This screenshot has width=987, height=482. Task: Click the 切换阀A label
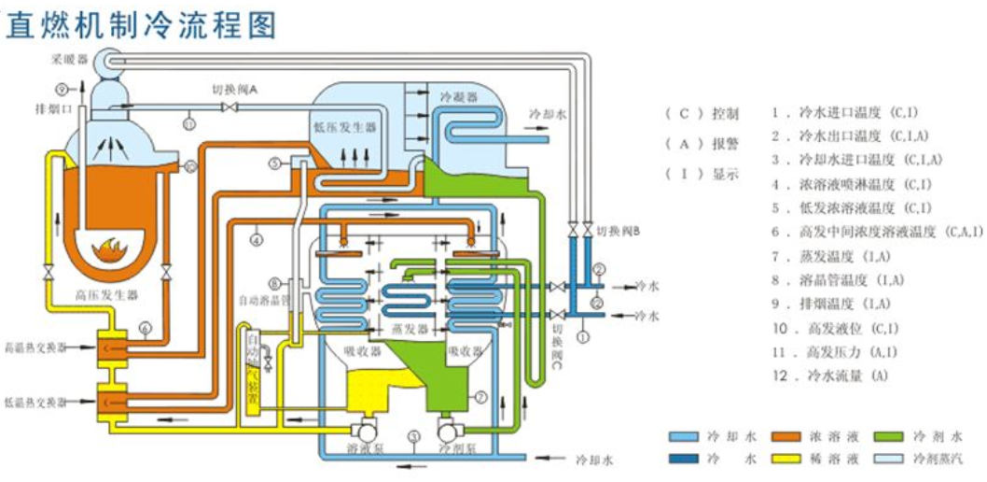pyautogui.click(x=234, y=89)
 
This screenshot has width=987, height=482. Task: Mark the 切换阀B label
pyautogui.click(x=617, y=233)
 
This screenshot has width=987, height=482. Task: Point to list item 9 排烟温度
pyautogui.click(x=830, y=304)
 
